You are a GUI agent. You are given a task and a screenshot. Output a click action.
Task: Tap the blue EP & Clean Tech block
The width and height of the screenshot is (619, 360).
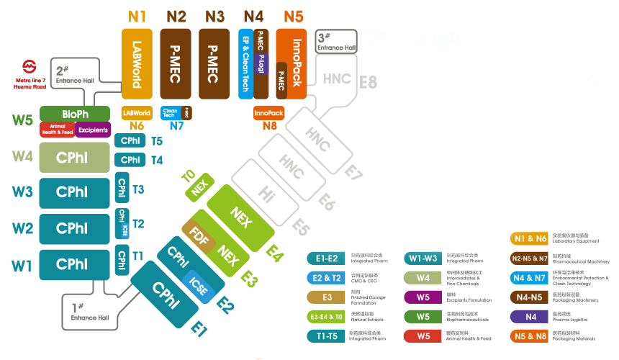coord(245,63)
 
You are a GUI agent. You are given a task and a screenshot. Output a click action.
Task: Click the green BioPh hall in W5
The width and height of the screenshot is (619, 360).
coord(75,114)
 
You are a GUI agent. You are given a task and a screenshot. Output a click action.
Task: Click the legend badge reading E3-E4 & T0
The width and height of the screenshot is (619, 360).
coord(326,316)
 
